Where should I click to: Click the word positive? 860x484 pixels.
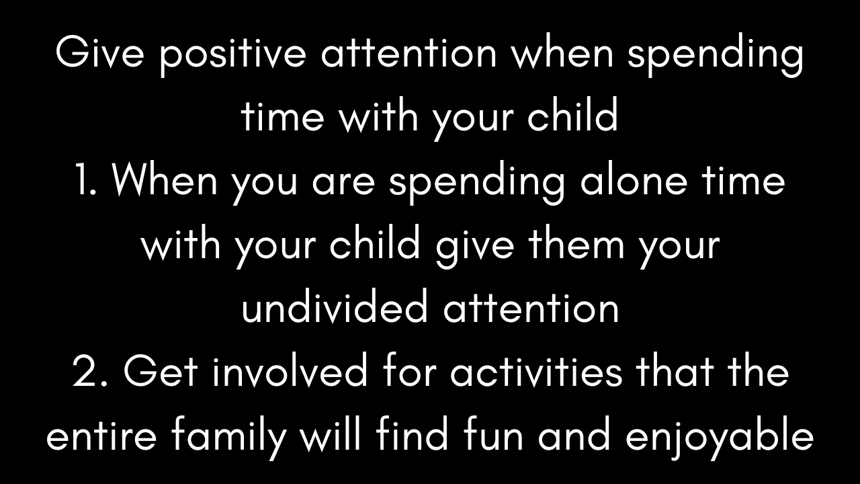(232, 55)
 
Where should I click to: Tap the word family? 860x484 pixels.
(229, 439)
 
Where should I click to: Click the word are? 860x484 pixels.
(344, 184)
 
